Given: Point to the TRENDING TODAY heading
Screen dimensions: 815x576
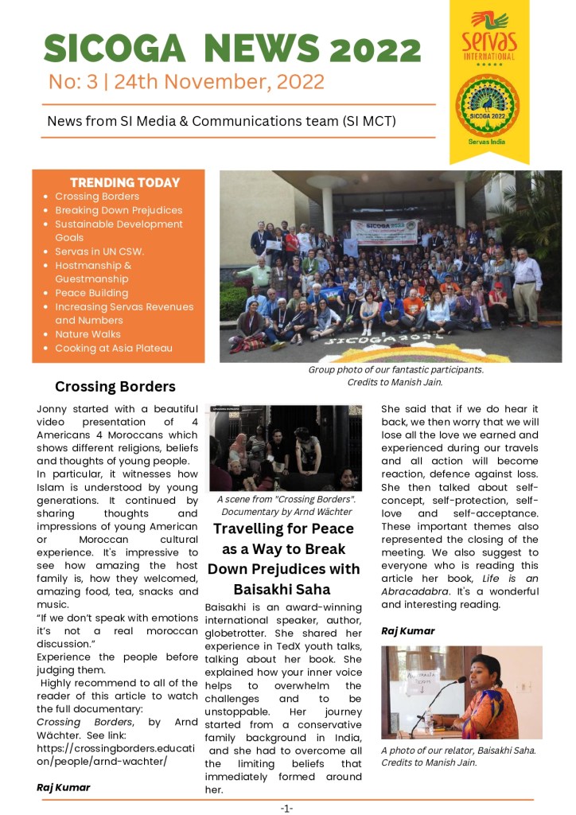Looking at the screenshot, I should (x=125, y=182).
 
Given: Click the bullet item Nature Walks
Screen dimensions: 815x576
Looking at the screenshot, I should (x=88, y=334).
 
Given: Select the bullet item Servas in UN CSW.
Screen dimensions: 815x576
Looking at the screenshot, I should (x=99, y=252).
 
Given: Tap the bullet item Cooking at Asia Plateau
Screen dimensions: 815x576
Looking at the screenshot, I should (x=114, y=348).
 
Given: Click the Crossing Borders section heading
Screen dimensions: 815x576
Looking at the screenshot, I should (x=115, y=387).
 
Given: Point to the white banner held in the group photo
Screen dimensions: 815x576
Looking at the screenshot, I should (x=383, y=231).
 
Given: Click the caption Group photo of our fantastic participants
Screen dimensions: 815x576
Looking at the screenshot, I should (x=395, y=369).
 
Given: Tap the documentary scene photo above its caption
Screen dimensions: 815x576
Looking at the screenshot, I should (x=285, y=447).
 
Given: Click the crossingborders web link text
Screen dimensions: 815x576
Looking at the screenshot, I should (x=102, y=755).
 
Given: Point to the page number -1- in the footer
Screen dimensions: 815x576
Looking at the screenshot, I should (x=286, y=808).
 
